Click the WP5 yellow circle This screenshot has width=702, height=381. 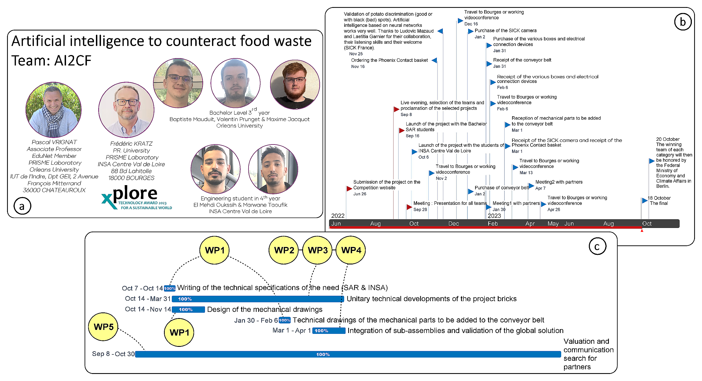coord(103,327)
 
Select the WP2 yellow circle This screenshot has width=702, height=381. coord(284,250)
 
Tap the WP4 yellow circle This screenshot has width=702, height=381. coord(351,250)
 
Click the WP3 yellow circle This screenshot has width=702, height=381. coord(317,250)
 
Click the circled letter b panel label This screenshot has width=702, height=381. coord(683,22)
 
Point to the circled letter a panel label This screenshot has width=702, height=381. coord(22,206)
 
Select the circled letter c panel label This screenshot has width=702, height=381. coord(597,246)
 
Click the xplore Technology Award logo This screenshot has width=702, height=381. coord(137,198)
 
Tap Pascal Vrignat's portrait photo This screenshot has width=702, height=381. coord(54,110)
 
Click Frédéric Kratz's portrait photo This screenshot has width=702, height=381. coord(126,110)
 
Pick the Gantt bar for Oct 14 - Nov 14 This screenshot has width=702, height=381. coord(188,310)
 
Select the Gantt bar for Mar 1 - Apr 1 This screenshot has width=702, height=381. coord(329,331)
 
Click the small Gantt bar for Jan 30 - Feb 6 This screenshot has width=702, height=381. coord(284,320)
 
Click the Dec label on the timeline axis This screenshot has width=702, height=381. coord(453,224)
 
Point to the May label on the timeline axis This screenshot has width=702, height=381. coord(553,224)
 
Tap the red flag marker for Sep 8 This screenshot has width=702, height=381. coord(396,109)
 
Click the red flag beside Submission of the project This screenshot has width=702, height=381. coord(349,188)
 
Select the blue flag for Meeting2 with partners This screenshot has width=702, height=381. coord(531,186)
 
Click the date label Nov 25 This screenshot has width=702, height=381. coord(356,54)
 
